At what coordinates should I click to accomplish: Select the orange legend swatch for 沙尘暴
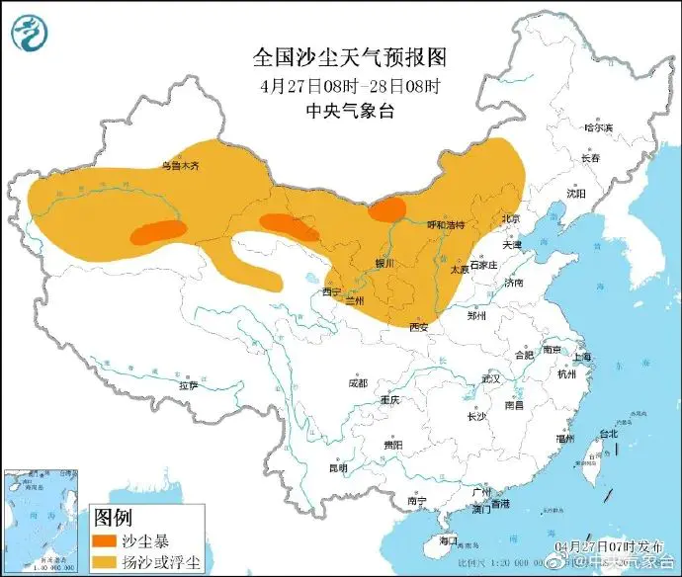click(x=107, y=542)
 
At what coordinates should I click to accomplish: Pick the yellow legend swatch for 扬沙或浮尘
click(x=107, y=563)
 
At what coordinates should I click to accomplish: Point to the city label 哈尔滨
click(x=598, y=127)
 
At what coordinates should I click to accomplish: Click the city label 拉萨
click(x=189, y=385)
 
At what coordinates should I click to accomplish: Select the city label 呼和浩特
click(x=445, y=225)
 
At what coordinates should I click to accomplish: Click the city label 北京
click(x=510, y=218)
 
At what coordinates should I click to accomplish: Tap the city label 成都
click(x=357, y=382)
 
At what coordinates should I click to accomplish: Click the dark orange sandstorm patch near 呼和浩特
click(x=386, y=208)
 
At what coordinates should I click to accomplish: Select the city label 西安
click(x=418, y=326)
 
